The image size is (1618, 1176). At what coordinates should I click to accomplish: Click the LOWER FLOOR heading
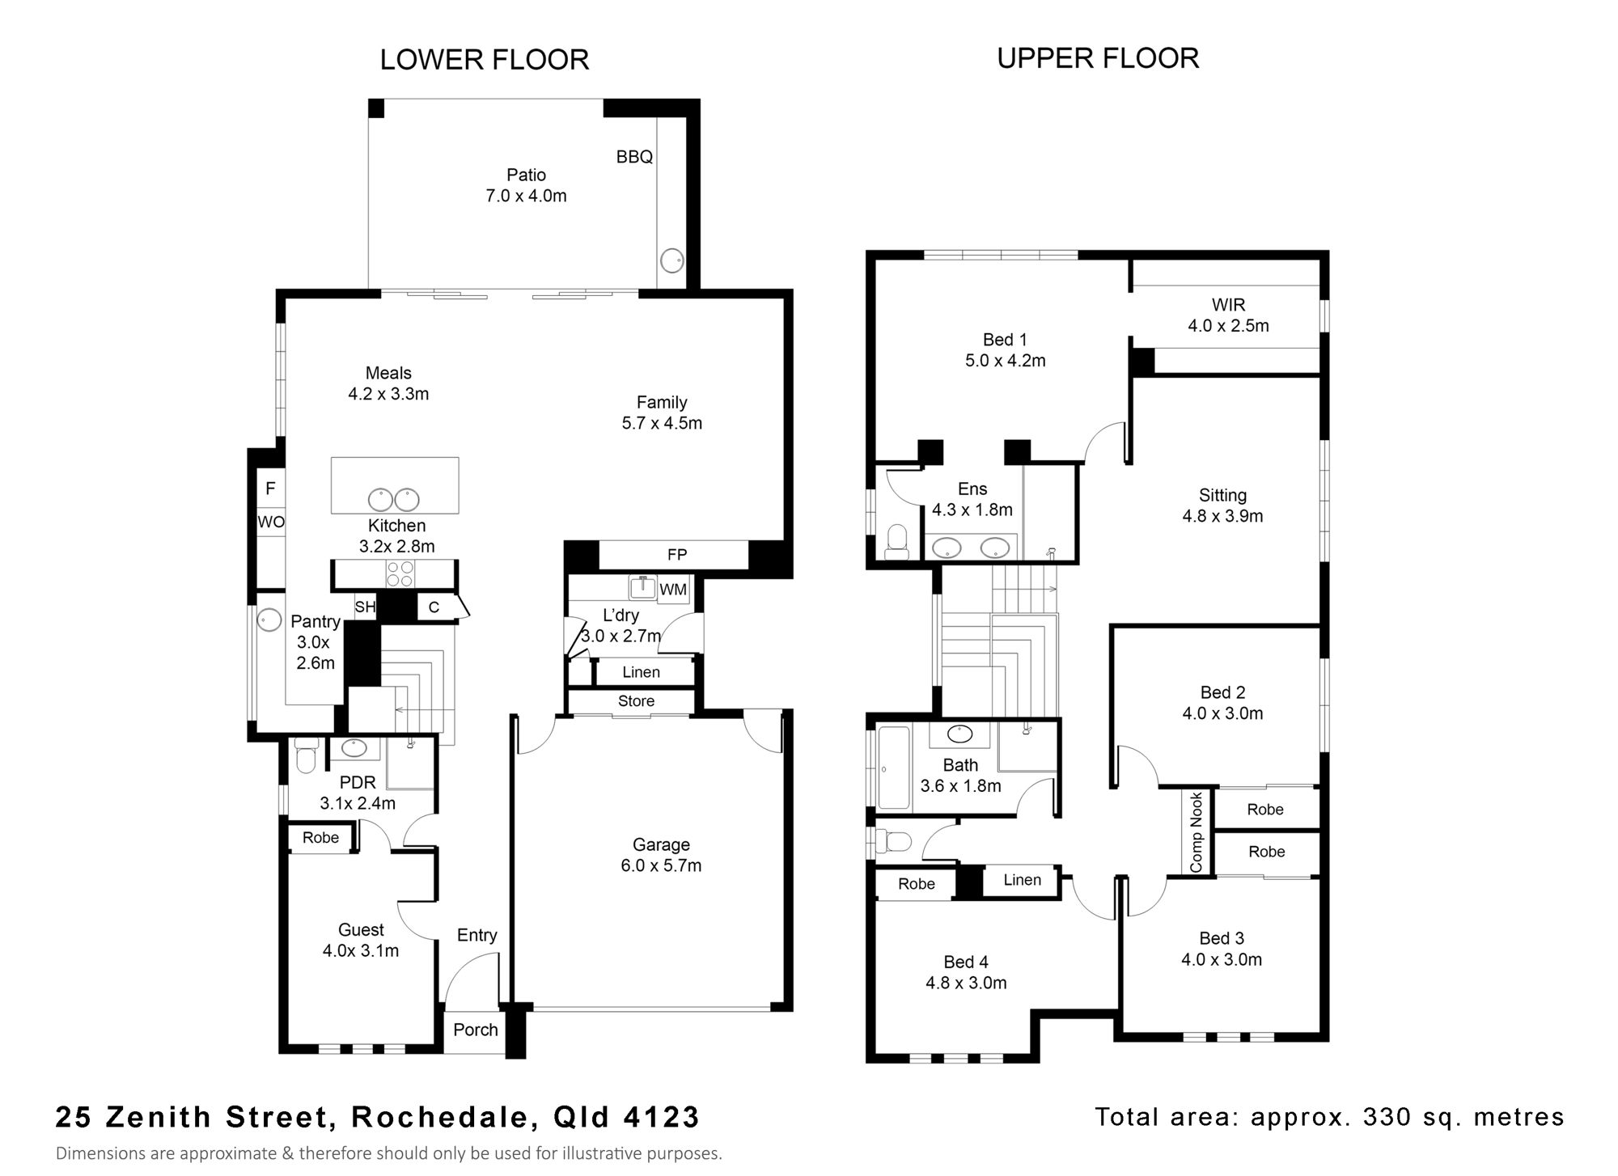pyautogui.click(x=485, y=60)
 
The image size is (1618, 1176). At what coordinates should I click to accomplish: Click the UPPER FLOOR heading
pyautogui.click(x=1098, y=58)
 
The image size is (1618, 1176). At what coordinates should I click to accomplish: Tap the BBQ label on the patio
pyautogui.click(x=634, y=157)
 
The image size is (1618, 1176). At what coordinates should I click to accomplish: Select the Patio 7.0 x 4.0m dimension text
pyautogui.click(x=526, y=196)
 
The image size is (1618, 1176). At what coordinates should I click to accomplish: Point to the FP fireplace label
pyautogui.click(x=677, y=555)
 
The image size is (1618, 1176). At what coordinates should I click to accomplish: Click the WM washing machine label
pyautogui.click(x=673, y=590)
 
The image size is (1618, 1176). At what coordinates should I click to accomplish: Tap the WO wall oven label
pyautogui.click(x=271, y=522)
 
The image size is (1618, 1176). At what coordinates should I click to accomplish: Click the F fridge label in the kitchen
pyautogui.click(x=271, y=489)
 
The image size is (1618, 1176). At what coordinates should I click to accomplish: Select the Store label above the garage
pyautogui.click(x=636, y=701)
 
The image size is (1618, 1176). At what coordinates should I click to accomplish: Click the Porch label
pyautogui.click(x=476, y=1030)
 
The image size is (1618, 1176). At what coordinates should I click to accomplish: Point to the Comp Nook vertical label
pyautogui.click(x=1197, y=832)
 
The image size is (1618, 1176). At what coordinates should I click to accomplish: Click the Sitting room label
pyautogui.click(x=1222, y=496)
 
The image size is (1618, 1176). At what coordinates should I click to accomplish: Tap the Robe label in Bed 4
pyautogui.click(x=917, y=884)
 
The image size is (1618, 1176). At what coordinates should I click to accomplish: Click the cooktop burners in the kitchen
pyautogui.click(x=400, y=573)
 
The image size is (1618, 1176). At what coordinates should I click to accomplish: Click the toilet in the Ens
pyautogui.click(x=897, y=542)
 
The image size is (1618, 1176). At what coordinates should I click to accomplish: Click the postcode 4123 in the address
pyautogui.click(x=661, y=1117)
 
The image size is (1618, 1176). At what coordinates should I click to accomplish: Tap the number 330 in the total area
pyautogui.click(x=1387, y=1117)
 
